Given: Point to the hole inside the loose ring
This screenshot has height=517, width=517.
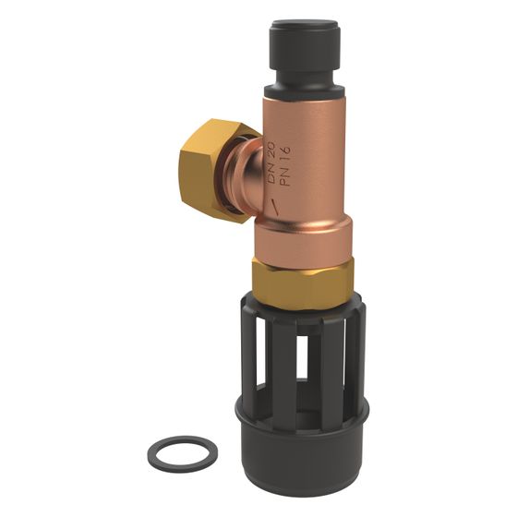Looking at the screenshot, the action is click(x=183, y=450).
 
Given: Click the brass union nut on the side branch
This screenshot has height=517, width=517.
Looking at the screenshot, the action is click(x=213, y=172).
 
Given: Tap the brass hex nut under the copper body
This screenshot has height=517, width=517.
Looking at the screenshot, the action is click(x=303, y=283).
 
